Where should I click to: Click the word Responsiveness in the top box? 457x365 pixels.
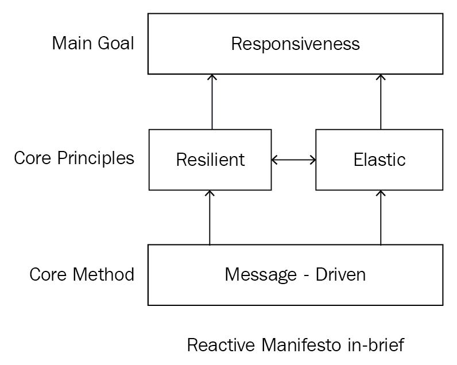coord(295,44)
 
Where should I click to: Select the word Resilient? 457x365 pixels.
coord(210,160)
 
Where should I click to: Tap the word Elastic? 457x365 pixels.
coord(379,160)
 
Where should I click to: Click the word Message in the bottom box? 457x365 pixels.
coord(261,275)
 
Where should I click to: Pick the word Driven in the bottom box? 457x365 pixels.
coord(340,274)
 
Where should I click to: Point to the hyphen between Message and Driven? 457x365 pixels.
coord(306,276)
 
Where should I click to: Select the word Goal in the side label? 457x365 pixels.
coord(116,43)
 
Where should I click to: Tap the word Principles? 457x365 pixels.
coord(96,159)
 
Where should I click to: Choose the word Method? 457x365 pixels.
coord(103,274)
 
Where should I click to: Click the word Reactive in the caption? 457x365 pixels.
coord(221,345)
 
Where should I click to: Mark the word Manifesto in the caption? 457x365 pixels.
coord(301,345)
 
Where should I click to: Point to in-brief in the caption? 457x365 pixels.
coord(375,345)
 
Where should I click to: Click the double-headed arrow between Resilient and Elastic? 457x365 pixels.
coord(293,160)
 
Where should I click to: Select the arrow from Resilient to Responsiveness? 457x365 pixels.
coord(212,102)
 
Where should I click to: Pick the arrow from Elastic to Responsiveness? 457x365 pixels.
coord(381,102)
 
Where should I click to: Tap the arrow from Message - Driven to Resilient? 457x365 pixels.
coord(210,218)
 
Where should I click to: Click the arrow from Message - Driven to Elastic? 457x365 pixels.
coord(381,218)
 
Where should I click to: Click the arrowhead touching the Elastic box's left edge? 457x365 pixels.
coord(313,160)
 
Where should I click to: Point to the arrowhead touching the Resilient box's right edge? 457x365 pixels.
coord(274,160)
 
